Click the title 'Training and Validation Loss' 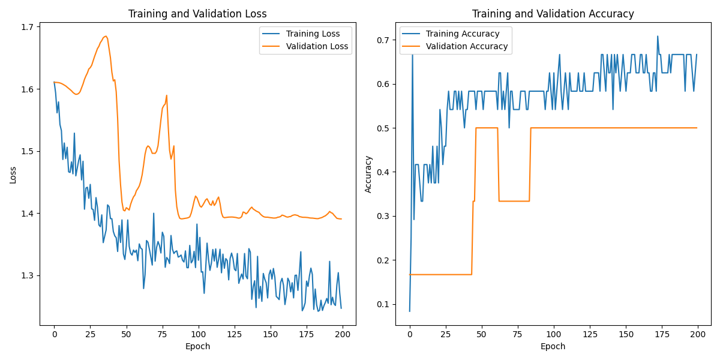pyautogui.click(x=198, y=14)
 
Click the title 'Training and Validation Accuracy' pyautogui.click(x=553, y=14)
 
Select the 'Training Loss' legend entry pyautogui.click(x=313, y=34)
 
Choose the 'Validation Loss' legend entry pyautogui.click(x=317, y=46)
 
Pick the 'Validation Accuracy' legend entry pyautogui.click(x=467, y=46)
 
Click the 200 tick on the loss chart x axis pyautogui.click(x=343, y=334)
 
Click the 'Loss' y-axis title pyautogui.click(x=13, y=175)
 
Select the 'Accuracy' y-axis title pyautogui.click(x=368, y=175)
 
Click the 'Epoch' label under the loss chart pyautogui.click(x=198, y=346)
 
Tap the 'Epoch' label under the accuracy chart pyautogui.click(x=553, y=346)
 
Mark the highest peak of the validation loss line pyautogui.click(x=106, y=36)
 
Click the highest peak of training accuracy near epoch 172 pyautogui.click(x=658, y=36)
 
